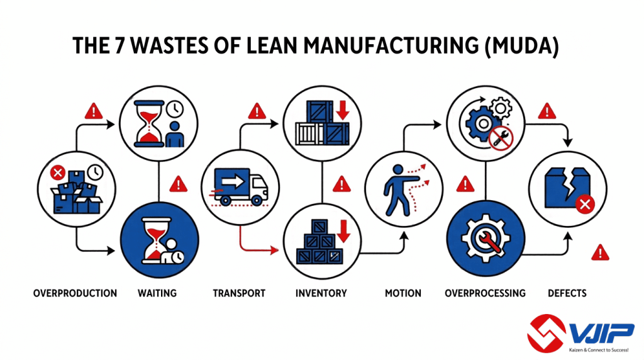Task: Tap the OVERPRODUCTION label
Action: [x=75, y=293]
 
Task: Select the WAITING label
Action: [x=157, y=293]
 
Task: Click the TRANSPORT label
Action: [x=239, y=293]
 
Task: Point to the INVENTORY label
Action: [x=321, y=293]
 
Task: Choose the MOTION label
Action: [x=403, y=293]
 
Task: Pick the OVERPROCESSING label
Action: [x=485, y=293]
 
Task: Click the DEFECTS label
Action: [x=567, y=293]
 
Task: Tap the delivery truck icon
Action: [x=239, y=187]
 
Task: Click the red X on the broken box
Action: [x=585, y=204]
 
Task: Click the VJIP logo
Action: [x=580, y=334]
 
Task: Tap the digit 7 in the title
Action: [x=119, y=45]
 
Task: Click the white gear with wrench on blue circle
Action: [x=486, y=239]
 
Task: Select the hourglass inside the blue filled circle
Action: [x=157, y=240]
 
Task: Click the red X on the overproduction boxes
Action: [x=57, y=172]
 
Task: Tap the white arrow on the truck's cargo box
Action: [x=233, y=181]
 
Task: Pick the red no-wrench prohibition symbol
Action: [x=501, y=138]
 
